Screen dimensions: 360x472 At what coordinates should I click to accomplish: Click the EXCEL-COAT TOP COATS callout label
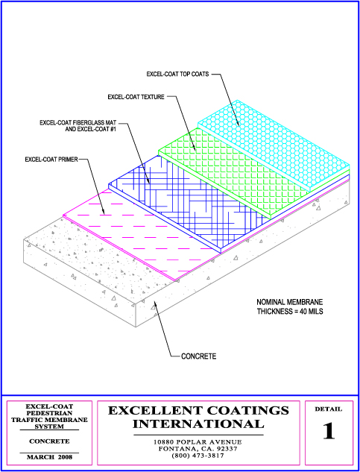[x=177, y=74]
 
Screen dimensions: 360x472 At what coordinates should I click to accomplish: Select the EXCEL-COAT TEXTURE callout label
[x=136, y=97]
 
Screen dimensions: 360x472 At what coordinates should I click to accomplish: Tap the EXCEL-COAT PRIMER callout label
[x=51, y=160]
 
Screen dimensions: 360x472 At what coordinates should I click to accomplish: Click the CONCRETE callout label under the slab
[x=199, y=356]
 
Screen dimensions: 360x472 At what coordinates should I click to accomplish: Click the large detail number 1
[x=329, y=432]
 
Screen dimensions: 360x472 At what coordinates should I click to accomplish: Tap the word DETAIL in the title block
[x=329, y=409]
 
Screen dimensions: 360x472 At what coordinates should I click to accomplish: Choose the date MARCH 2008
[x=50, y=457]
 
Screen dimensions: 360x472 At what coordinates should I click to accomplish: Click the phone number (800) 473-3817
[x=198, y=456]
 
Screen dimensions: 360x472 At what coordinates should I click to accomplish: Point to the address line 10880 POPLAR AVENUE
[x=198, y=442]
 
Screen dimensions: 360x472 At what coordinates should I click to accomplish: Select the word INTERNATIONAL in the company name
[x=198, y=424]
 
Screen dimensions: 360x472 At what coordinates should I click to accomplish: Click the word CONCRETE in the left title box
[x=49, y=441]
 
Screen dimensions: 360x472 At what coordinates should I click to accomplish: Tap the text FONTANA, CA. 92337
[x=198, y=449]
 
